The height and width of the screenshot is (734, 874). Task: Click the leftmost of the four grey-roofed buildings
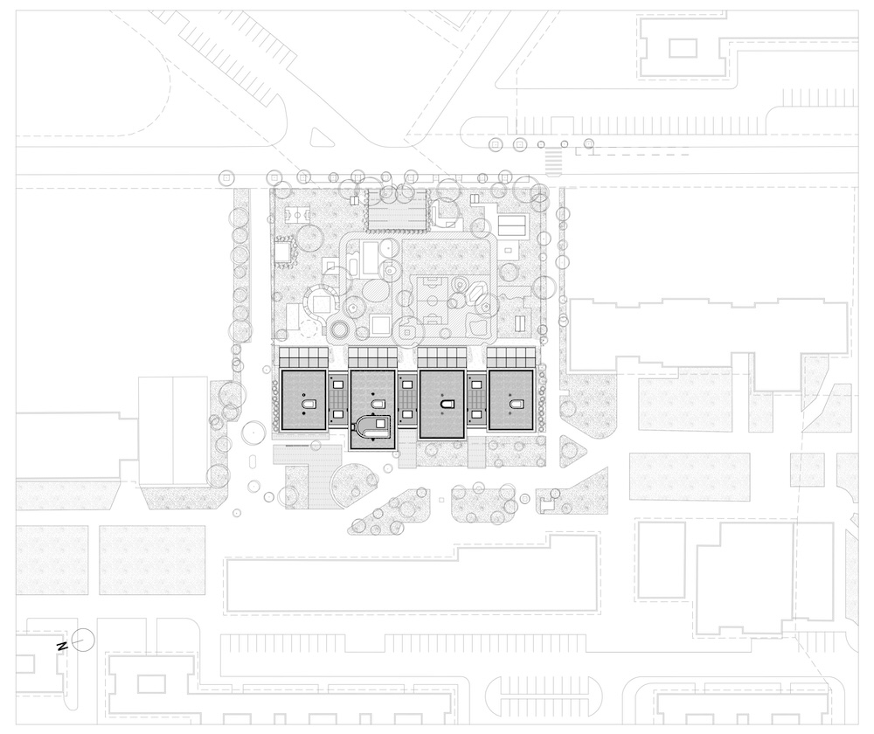click(304, 400)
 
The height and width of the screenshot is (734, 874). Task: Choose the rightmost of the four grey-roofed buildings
click(511, 400)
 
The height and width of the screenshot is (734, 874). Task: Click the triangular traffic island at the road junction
click(318, 138)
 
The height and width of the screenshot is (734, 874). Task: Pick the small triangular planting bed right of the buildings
click(570, 452)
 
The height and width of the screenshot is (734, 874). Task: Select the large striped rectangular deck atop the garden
click(398, 209)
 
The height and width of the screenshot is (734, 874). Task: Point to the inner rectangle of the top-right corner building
click(683, 48)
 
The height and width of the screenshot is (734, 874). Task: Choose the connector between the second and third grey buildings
click(407, 400)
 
